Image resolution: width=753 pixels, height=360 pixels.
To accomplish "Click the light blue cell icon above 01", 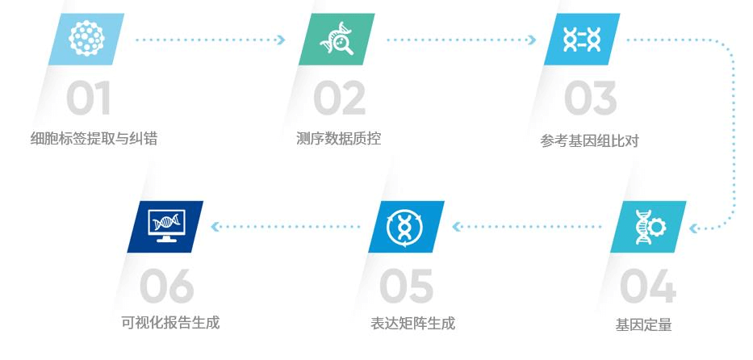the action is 86,40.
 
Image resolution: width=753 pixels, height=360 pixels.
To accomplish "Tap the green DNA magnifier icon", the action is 337,40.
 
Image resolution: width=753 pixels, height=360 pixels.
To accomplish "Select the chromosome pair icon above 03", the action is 582,40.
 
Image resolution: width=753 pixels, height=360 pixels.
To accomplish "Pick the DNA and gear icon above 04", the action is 648,227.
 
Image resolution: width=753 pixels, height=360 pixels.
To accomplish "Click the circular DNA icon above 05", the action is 406,227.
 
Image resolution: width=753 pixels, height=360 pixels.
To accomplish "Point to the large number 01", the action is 88,98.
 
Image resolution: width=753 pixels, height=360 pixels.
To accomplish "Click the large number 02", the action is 339,98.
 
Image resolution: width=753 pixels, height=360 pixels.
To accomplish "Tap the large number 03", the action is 590,98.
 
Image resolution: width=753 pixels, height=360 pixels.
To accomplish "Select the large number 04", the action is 648,286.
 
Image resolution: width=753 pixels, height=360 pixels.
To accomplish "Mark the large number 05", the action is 406,286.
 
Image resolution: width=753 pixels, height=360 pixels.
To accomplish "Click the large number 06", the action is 166,286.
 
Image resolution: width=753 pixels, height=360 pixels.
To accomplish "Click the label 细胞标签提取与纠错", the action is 94,139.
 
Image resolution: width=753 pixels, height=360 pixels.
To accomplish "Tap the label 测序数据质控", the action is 338,139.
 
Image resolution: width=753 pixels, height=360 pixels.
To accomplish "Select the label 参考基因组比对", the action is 589,141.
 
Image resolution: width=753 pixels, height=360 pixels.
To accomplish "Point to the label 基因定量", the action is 643,325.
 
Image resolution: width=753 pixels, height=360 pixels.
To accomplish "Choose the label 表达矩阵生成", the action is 412,323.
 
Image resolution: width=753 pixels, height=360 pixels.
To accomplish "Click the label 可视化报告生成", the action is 170,323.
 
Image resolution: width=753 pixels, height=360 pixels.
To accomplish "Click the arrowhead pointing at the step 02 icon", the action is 282,40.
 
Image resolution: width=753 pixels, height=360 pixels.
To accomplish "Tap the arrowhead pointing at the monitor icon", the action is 215,227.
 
